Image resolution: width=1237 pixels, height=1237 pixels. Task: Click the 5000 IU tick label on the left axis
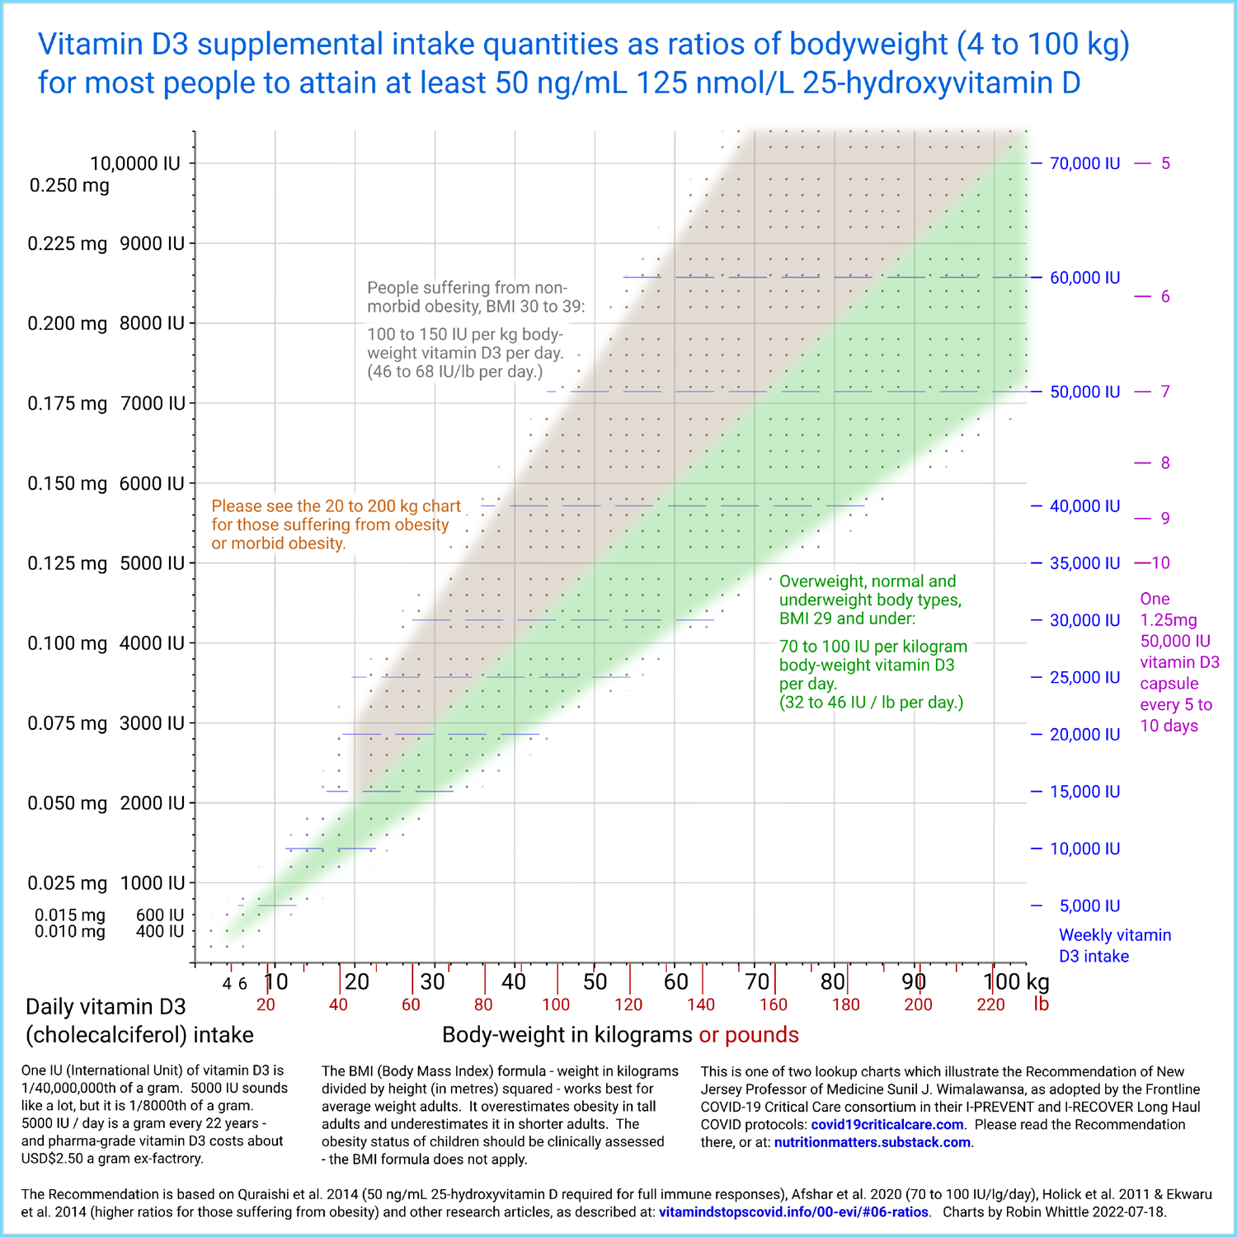pyautogui.click(x=152, y=564)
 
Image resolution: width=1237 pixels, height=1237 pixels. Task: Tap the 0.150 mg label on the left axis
pyautogui.click(x=68, y=484)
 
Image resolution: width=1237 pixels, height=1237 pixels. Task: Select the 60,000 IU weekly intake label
pyautogui.click(x=1084, y=278)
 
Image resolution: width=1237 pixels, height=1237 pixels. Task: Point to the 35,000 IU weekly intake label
pyautogui.click(x=1084, y=563)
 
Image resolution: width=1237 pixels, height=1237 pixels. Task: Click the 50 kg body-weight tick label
pyautogui.click(x=595, y=981)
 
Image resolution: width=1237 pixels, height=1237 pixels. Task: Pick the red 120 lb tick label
pyautogui.click(x=628, y=1004)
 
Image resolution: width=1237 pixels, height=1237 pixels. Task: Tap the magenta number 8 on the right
pyautogui.click(x=1165, y=463)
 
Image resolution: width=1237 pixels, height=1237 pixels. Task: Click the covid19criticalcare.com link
pyautogui.click(x=887, y=1125)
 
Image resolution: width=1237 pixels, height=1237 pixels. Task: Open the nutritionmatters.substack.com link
pyautogui.click(x=872, y=1143)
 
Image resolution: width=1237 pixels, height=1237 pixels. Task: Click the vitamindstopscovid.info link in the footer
pyautogui.click(x=793, y=1212)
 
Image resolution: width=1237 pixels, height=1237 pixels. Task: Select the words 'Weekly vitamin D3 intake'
pyautogui.click(x=1114, y=946)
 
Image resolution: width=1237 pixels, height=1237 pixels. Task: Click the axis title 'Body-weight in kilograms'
pyautogui.click(x=567, y=1035)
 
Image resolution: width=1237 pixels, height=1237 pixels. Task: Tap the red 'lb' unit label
pyautogui.click(x=1041, y=1004)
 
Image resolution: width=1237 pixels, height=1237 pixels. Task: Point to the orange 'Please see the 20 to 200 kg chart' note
pyautogui.click(x=336, y=506)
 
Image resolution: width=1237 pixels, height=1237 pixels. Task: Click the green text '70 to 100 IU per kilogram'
pyautogui.click(x=872, y=647)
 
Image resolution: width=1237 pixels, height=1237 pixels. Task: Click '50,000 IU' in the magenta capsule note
pyautogui.click(x=1175, y=642)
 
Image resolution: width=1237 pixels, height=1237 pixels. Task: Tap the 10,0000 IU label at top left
pyautogui.click(x=135, y=163)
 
